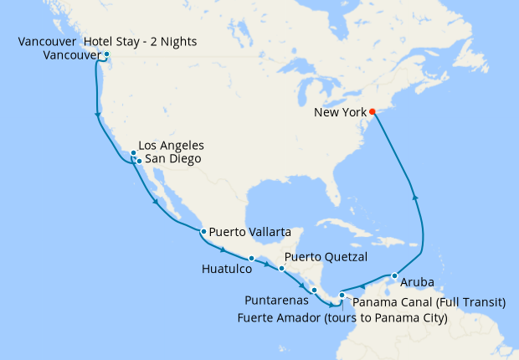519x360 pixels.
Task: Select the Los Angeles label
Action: tap(171, 146)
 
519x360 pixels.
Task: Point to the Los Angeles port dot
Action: tap(133, 152)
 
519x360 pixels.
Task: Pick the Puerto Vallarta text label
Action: tap(250, 231)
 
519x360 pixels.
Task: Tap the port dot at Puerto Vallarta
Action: tap(203, 231)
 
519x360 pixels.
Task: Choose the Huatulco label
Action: tap(225, 270)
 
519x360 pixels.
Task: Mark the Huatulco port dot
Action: tap(251, 258)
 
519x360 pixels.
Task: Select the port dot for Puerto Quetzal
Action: tap(281, 268)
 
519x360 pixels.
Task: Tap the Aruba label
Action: tap(417, 281)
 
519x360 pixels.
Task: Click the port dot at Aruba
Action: tap(393, 275)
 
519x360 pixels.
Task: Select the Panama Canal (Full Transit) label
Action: tap(428, 301)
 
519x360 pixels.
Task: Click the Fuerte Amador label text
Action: tap(344, 317)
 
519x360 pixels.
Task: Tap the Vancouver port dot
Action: tap(106, 54)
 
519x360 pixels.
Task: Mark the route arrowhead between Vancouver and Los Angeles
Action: tap(99, 115)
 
